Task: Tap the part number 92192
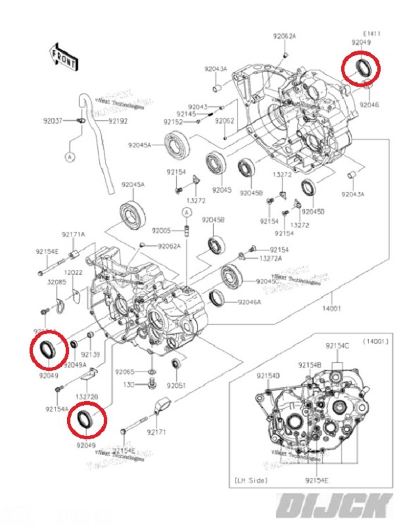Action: [118, 121]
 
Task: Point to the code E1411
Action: [371, 33]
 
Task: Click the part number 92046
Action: [369, 105]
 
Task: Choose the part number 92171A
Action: [74, 235]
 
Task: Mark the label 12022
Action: [73, 272]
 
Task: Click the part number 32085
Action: [57, 282]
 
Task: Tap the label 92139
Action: [90, 355]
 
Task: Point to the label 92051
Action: [176, 385]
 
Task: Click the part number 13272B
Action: [87, 397]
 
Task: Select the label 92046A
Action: [249, 302]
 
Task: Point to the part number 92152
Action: [174, 122]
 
